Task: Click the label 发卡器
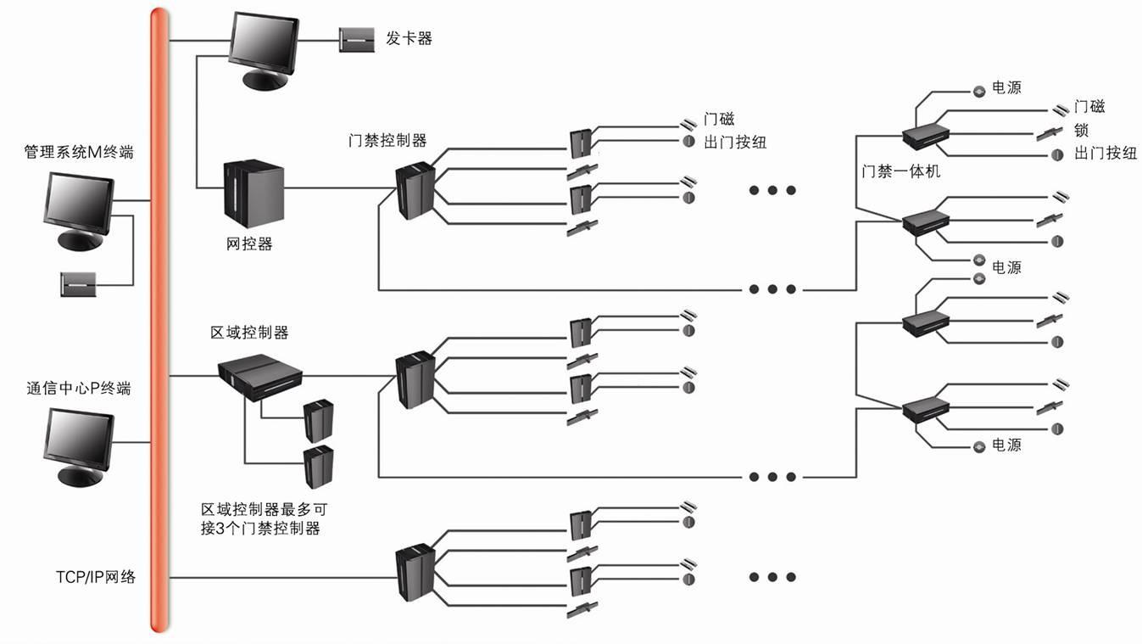coord(409,38)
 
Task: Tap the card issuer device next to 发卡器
coord(356,40)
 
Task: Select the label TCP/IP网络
coord(92,578)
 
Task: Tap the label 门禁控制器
coord(387,141)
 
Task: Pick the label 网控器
coord(249,244)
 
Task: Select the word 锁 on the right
coord(1081,131)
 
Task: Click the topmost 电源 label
coord(1006,87)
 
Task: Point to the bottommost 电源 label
coord(1006,445)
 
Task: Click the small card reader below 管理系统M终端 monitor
coord(81,284)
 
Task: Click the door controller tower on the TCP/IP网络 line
coord(415,575)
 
